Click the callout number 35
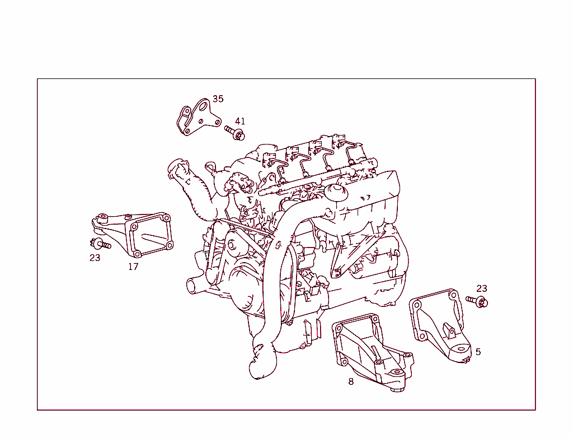(218, 99)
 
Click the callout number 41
(240, 121)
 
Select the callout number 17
(133, 267)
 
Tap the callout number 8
(351, 381)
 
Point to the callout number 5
(478, 352)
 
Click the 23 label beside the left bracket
(95, 258)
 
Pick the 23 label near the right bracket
(482, 288)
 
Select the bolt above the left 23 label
(100, 244)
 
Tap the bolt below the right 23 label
(477, 302)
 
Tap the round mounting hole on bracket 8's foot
(397, 372)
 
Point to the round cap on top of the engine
(337, 193)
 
